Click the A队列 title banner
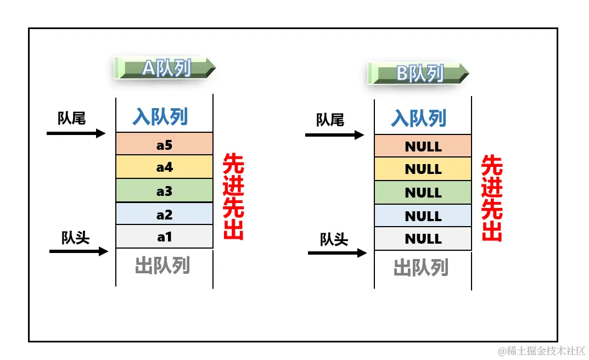click(165, 68)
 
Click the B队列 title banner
click(419, 73)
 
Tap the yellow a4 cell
click(164, 167)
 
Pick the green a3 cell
click(164, 190)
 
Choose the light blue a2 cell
click(164, 214)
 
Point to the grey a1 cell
click(164, 237)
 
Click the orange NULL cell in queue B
click(423, 146)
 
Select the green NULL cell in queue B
click(423, 193)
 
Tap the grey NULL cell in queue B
click(423, 239)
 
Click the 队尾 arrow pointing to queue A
click(76, 133)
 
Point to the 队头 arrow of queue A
click(78, 251)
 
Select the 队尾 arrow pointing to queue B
click(335, 135)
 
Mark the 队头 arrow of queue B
click(337, 253)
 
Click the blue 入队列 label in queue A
click(160, 116)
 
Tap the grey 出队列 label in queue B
click(421, 267)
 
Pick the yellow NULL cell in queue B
click(423, 169)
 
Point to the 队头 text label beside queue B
click(334, 239)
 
